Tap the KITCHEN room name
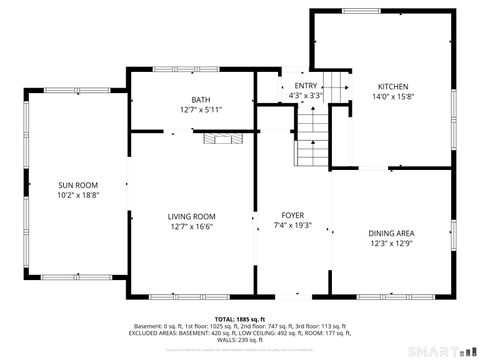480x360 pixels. pyautogui.click(x=392, y=86)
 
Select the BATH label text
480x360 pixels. pyautogui.click(x=201, y=100)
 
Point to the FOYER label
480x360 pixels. pyautogui.click(x=293, y=215)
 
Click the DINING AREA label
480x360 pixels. pyautogui.click(x=392, y=233)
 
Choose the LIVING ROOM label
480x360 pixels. pyautogui.click(x=190, y=216)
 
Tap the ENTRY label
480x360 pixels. pyautogui.click(x=305, y=87)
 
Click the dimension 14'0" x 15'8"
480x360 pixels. pyautogui.click(x=392, y=96)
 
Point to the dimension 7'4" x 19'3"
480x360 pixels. pyautogui.click(x=293, y=225)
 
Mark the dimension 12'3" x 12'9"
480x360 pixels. pyautogui.click(x=392, y=243)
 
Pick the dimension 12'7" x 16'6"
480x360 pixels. pyautogui.click(x=190, y=226)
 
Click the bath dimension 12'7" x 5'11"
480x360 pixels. pyautogui.click(x=201, y=110)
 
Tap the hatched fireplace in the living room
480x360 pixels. pyautogui.click(x=223, y=140)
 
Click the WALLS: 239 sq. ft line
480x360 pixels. pyautogui.click(x=239, y=341)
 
